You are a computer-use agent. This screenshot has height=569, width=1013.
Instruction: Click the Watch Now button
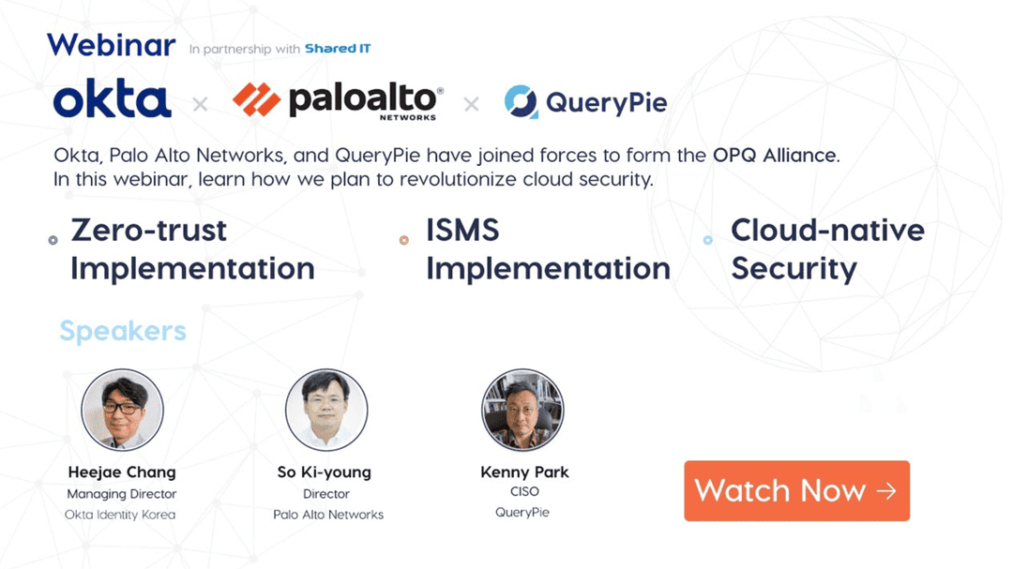[796, 490]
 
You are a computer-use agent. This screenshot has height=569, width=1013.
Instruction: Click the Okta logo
[113, 100]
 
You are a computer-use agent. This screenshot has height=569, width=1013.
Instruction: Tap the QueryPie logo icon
[521, 101]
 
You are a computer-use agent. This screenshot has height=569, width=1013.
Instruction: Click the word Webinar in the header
[111, 45]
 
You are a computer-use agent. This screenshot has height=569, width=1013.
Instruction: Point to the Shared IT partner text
[338, 49]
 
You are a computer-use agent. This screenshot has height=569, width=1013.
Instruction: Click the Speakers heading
[123, 331]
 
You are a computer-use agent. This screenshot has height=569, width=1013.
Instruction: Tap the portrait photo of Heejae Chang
[122, 410]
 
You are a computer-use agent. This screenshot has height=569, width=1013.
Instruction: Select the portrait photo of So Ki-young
[326, 410]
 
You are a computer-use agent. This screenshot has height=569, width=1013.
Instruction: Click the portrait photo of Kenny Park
[522, 410]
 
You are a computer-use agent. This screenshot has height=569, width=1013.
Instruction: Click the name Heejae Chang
[122, 472]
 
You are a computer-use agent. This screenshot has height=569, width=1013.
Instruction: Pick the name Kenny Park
[524, 472]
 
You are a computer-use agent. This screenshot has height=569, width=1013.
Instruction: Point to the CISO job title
[523, 491]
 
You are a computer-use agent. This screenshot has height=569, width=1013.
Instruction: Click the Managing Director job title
[122, 494]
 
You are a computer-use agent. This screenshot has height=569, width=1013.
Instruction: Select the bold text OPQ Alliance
[775, 156]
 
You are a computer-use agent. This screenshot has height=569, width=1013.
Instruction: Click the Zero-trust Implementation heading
[191, 249]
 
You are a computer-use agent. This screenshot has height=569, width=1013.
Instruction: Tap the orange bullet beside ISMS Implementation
[404, 240]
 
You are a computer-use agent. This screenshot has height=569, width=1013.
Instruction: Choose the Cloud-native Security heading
[827, 249]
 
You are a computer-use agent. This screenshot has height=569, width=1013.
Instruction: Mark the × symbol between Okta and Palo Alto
[200, 104]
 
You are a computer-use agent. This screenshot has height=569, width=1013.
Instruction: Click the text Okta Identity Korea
[120, 515]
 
